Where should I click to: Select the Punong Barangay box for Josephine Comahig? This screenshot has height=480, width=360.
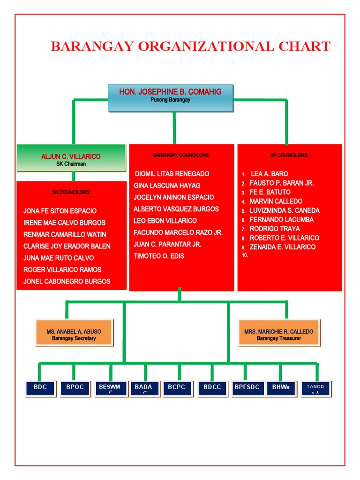pyautogui.click(x=170, y=98)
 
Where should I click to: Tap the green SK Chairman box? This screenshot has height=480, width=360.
pyautogui.click(x=71, y=158)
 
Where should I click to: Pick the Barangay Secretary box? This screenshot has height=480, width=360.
pyautogui.click(x=74, y=333)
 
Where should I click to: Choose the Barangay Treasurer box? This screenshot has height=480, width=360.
pyautogui.click(x=279, y=333)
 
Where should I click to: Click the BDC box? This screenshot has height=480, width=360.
pyautogui.click(x=40, y=388)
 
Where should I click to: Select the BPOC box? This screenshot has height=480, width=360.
pyautogui.click(x=75, y=388)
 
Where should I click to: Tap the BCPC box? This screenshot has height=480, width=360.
pyautogui.click(x=177, y=388)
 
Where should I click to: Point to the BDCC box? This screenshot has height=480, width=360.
pyautogui.click(x=212, y=388)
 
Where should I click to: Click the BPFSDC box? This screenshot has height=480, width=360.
pyautogui.click(x=247, y=388)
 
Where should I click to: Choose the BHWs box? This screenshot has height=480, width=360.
pyautogui.click(x=281, y=388)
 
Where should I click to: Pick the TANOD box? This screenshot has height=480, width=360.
pyautogui.click(x=315, y=388)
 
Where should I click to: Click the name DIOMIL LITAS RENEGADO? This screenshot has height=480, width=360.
pyautogui.click(x=172, y=174)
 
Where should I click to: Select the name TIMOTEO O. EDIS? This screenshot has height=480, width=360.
pyautogui.click(x=159, y=256)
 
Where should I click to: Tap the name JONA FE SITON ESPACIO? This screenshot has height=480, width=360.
pyautogui.click(x=60, y=211)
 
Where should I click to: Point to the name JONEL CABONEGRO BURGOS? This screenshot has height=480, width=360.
pyautogui.click(x=67, y=281)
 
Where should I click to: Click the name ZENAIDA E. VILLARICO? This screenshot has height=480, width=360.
pyautogui.click(x=283, y=247)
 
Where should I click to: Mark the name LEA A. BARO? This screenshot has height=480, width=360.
pyautogui.click(x=270, y=174)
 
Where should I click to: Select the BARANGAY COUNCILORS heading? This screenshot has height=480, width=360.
pyautogui.click(x=181, y=155)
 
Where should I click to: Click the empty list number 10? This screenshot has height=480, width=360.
pyautogui.click(x=245, y=255)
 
